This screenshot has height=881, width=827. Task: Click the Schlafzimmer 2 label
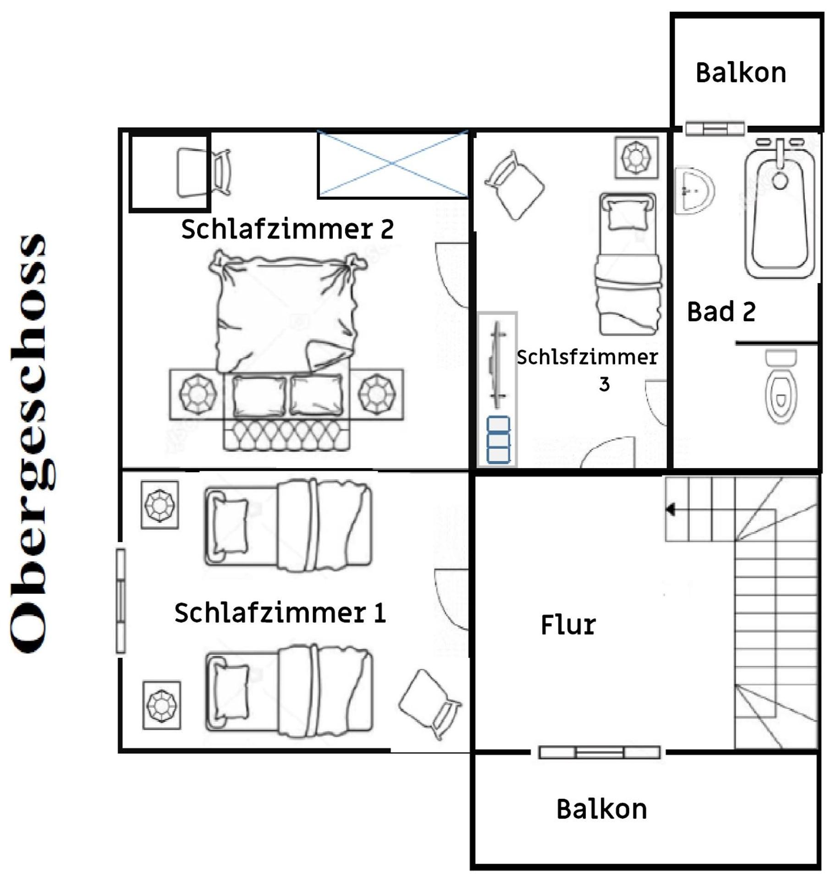point(287,229)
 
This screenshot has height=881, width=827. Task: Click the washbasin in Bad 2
point(694,191)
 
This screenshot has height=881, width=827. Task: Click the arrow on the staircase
point(671,509)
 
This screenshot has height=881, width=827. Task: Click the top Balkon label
point(740,72)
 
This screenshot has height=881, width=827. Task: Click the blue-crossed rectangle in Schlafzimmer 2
point(393,164)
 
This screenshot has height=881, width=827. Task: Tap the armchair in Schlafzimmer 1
point(430,704)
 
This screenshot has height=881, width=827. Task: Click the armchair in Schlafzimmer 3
point(514,185)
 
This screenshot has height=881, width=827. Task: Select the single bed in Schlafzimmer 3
point(629,264)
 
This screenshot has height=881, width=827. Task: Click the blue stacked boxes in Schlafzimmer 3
point(498,439)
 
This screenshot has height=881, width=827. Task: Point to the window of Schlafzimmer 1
point(121,601)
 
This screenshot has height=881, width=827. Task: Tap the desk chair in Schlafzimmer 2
point(221,172)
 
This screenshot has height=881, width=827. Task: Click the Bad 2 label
point(721,312)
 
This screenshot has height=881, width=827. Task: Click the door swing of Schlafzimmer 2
point(452,275)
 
